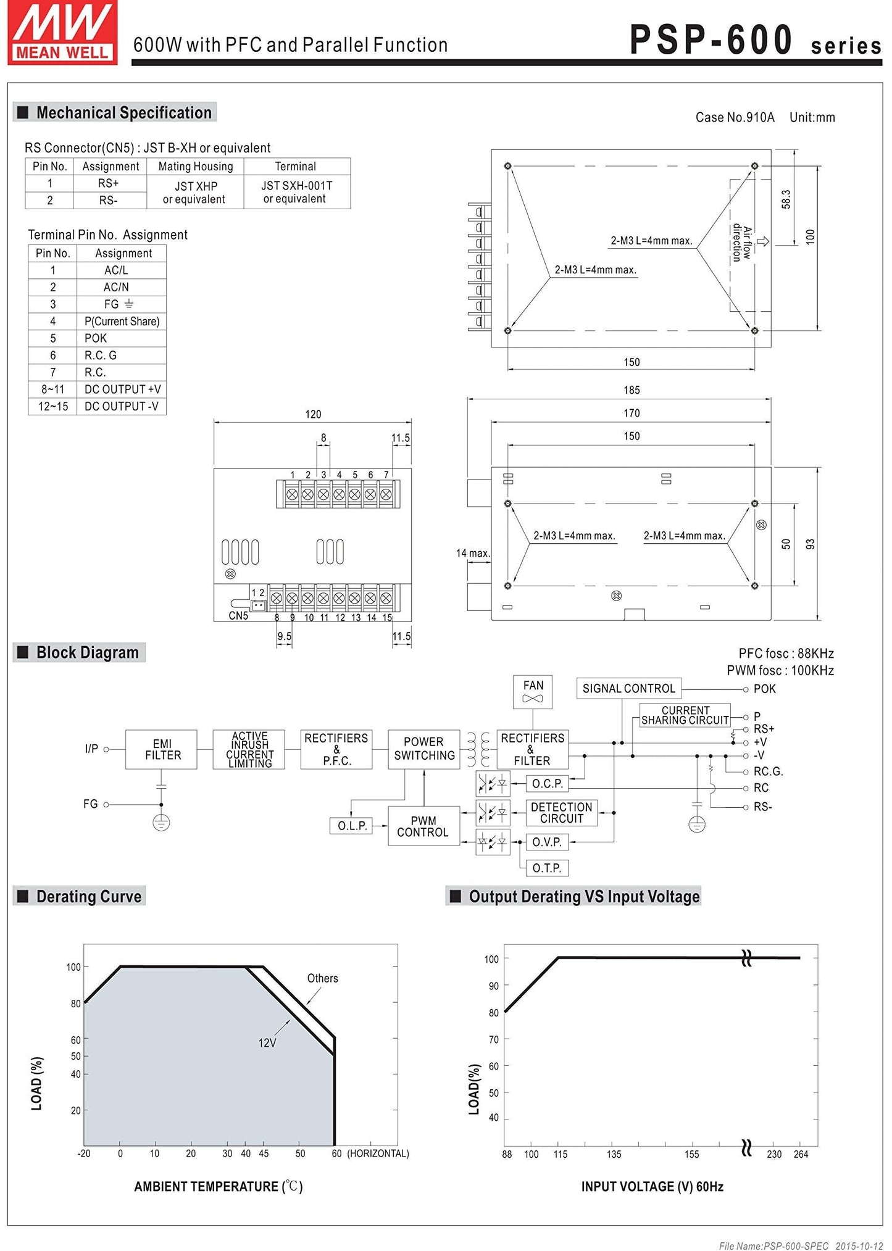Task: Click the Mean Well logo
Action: pos(62,32)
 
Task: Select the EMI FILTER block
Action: pos(161,749)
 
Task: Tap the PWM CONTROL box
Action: pos(423,826)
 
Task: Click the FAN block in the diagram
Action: pos(533,691)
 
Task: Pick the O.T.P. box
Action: pos(546,868)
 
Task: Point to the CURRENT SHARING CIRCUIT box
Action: pos(685,715)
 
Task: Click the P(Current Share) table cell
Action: pos(122,321)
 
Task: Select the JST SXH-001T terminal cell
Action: pos(296,192)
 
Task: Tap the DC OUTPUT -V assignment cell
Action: pos(122,406)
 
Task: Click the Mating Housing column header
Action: pos(195,167)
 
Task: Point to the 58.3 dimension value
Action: pos(786,199)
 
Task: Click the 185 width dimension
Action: pos(631,390)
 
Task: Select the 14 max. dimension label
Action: pos(472,553)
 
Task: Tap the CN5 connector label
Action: pos(238,615)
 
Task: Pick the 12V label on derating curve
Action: pos(267,1042)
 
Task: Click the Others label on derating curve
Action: pos(322,978)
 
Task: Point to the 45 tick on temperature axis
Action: pos(264,1153)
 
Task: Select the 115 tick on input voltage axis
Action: pos(560,1154)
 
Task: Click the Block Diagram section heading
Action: pos(87,652)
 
